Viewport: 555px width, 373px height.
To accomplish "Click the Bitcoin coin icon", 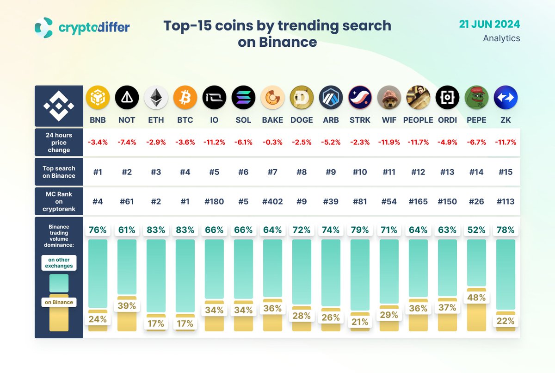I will (185, 98).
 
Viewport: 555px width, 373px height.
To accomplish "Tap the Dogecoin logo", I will (302, 98).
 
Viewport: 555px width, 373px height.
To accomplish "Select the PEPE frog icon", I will (476, 98).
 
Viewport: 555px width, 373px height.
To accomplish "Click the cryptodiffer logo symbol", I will (44, 28).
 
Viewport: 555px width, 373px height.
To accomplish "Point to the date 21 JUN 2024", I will (490, 24).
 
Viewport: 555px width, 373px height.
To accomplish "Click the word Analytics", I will (501, 38).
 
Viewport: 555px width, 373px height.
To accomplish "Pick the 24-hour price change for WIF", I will (389, 142).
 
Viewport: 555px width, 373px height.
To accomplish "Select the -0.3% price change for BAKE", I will (272, 142).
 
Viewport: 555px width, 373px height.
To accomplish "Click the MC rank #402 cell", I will (272, 201).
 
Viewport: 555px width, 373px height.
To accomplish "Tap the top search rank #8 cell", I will (302, 172).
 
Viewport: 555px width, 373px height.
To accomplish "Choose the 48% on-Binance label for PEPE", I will (476, 298).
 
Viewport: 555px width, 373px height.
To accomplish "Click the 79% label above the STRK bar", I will (360, 230).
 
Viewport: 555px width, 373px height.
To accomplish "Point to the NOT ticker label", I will (127, 120).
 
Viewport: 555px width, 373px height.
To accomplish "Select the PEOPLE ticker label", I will (418, 120).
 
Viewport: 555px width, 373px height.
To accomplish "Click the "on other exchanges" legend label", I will (59, 262).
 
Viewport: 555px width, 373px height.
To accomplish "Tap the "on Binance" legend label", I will (59, 302).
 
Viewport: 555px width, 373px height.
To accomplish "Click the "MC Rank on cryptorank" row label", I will (59, 201).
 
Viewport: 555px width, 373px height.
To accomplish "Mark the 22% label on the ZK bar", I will (506, 321).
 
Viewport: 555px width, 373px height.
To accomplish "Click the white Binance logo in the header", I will (59, 106).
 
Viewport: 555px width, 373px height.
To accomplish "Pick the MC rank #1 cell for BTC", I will (185, 201).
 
